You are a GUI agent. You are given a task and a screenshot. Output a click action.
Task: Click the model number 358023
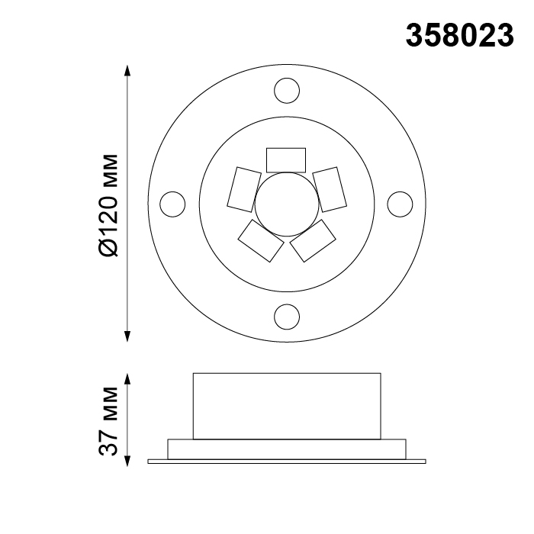(x=460, y=35)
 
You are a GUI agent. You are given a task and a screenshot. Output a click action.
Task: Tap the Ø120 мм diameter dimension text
(x=108, y=205)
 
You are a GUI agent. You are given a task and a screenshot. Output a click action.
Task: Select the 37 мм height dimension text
(x=108, y=421)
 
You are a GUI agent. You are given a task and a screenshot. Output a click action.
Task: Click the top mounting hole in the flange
(x=287, y=91)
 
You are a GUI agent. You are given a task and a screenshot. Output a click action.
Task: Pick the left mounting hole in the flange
(x=172, y=204)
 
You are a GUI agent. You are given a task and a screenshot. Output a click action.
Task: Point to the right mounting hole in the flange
(x=400, y=204)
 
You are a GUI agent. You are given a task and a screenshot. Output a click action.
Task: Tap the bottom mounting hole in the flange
(x=287, y=317)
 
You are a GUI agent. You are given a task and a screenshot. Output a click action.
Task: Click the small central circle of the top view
(x=287, y=204)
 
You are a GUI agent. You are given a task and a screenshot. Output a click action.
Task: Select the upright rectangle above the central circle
(x=286, y=160)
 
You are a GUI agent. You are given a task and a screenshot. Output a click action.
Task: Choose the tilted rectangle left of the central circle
(x=244, y=189)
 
